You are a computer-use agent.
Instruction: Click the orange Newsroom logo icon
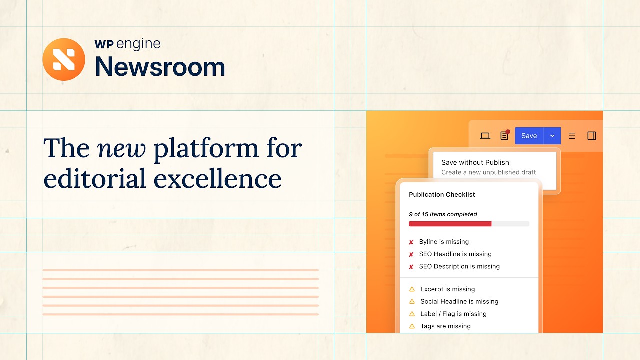(64, 59)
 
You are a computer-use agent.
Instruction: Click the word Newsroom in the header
(160, 67)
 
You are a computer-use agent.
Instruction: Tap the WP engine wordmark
(127, 44)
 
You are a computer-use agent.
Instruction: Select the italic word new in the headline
(121, 148)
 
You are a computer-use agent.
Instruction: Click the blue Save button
(529, 136)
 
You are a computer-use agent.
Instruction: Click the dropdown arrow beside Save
(552, 136)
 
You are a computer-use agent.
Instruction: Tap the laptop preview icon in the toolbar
(485, 136)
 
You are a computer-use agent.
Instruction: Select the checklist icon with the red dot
(504, 136)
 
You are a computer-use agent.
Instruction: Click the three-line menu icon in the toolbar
(572, 136)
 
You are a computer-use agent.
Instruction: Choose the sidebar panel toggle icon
(592, 136)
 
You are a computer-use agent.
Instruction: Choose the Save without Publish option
(475, 162)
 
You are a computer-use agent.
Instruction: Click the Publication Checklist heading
(442, 194)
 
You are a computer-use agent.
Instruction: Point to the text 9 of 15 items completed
(443, 214)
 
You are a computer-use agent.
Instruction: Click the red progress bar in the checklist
(450, 224)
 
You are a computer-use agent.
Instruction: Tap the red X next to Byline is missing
(411, 242)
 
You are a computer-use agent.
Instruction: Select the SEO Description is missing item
(459, 266)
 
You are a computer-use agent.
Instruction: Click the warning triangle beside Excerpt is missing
(412, 289)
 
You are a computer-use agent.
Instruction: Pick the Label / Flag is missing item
(453, 314)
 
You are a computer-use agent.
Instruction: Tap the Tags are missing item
(445, 326)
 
